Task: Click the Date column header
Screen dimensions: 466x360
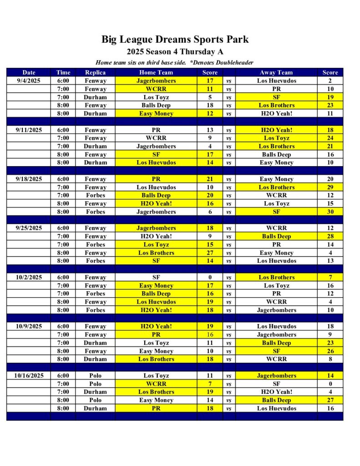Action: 29,72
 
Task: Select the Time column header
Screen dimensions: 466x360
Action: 63,72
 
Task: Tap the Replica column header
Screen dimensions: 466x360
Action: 95,72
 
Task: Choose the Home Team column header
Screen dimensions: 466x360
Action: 156,72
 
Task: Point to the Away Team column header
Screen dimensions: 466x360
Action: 276,72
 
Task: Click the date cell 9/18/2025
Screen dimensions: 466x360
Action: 29,179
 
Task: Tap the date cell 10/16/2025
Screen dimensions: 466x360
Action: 29,375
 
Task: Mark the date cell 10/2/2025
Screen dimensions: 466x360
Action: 29,277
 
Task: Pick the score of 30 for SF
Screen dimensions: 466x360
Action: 330,212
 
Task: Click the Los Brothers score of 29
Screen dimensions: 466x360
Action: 330,187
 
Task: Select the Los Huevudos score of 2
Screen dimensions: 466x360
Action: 330,81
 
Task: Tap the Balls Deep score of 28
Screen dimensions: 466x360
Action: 330,236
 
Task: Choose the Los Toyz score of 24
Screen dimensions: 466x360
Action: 330,138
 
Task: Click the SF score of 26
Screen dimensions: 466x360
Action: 330,351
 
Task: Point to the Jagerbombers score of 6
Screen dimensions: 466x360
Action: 210,212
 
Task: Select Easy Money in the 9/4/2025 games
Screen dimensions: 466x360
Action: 156,113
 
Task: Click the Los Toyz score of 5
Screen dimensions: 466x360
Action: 210,97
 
